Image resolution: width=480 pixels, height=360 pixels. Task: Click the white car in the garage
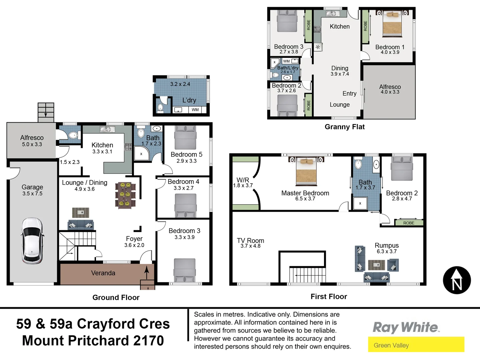click(32, 241)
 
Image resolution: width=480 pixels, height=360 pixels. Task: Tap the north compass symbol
click(457, 280)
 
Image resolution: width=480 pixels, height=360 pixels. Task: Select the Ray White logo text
click(406, 327)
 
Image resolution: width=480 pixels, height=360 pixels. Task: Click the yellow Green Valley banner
click(416, 345)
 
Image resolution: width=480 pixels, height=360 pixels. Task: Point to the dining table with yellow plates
click(125, 195)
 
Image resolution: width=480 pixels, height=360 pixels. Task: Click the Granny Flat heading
click(345, 127)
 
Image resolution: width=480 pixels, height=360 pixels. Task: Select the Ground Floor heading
click(116, 297)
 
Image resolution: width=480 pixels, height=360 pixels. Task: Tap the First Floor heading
click(329, 296)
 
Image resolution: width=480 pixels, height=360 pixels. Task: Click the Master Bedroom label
click(305, 193)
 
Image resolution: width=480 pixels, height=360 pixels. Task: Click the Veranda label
click(103, 273)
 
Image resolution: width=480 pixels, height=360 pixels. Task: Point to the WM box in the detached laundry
click(195, 110)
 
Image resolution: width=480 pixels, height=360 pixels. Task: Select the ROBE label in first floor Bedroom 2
click(409, 223)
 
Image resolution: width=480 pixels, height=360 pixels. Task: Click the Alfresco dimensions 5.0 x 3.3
click(32, 144)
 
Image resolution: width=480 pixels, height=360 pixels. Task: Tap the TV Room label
click(250, 240)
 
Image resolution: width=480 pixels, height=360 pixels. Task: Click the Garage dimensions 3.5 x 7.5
click(32, 194)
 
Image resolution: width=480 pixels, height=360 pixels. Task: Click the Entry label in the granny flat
click(349, 94)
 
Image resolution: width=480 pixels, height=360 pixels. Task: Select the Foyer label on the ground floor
click(134, 239)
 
